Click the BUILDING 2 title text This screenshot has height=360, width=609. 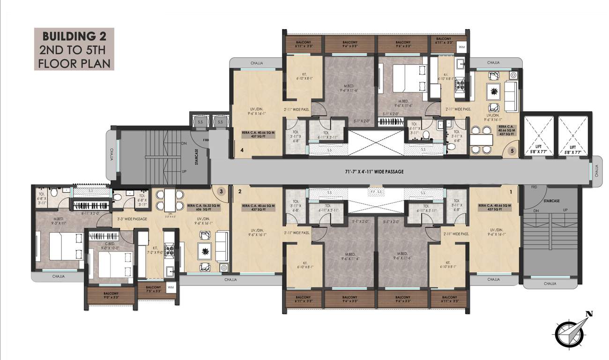point(74,36)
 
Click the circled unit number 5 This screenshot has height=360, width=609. point(512,151)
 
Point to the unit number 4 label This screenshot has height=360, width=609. point(242,150)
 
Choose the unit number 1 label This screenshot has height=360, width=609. point(511,191)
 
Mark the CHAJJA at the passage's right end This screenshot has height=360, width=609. point(596,172)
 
